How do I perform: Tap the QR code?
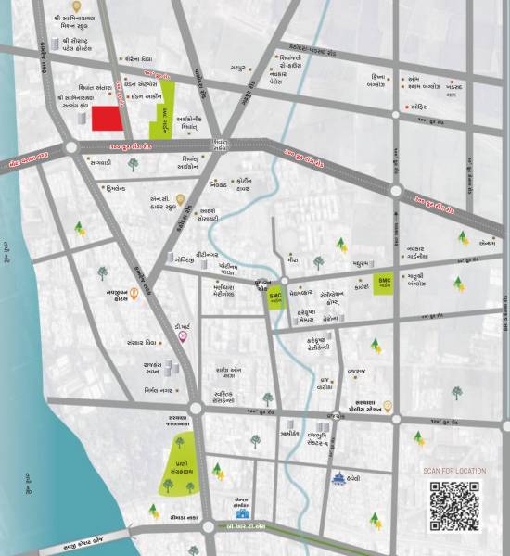click(x=454, y=506)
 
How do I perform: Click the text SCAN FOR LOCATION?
click(x=454, y=471)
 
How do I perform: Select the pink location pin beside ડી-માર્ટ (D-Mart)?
click(x=183, y=335)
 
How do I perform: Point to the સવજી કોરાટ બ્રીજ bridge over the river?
click(x=65, y=537)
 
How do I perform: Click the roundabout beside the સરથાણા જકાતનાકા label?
click(x=196, y=409)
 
